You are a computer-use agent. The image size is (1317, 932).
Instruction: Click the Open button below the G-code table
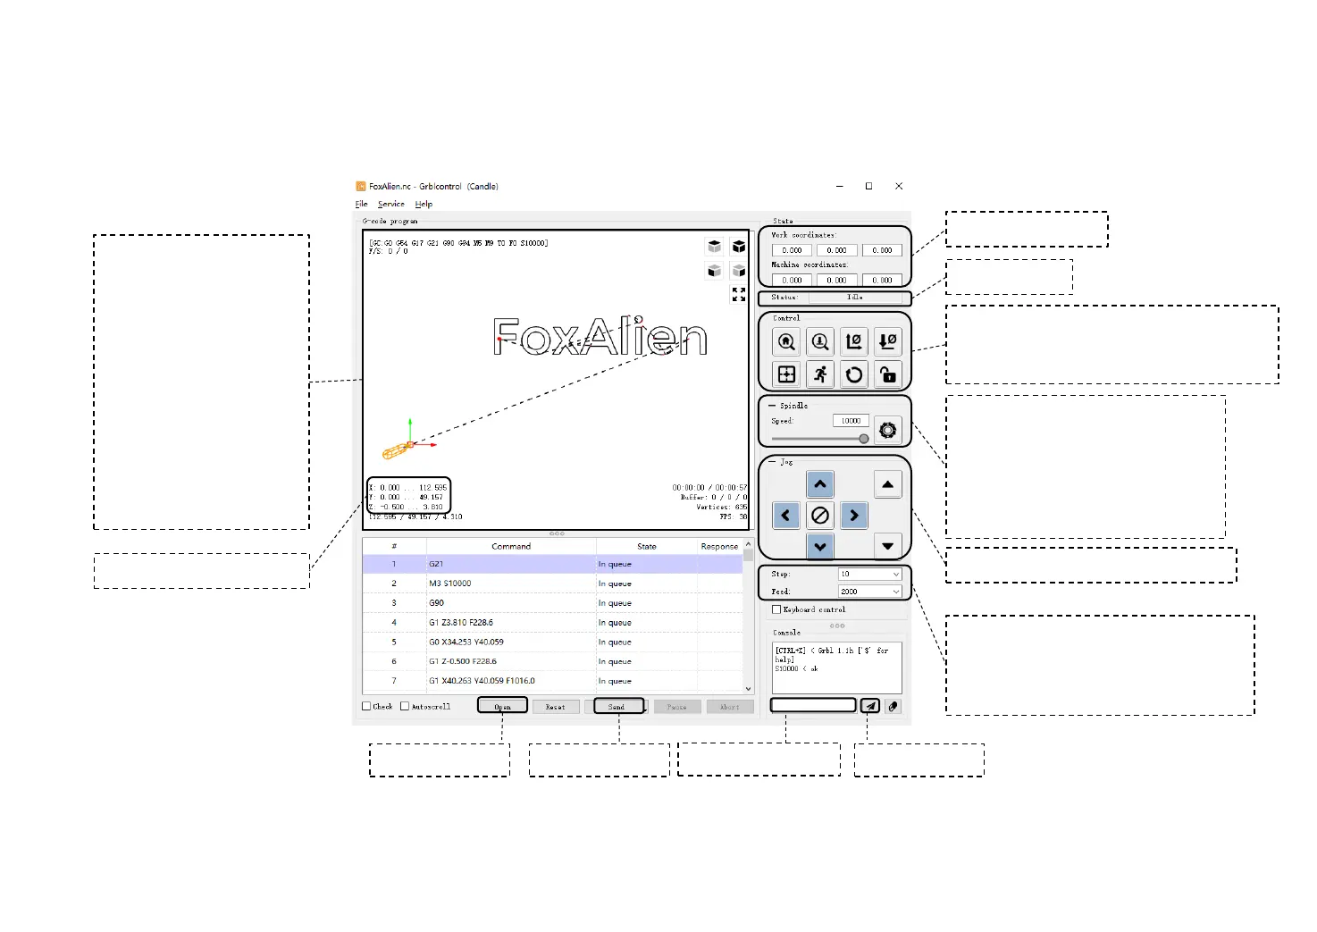pyautogui.click(x=502, y=706)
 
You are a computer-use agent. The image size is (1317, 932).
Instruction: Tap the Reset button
pyautogui.click(x=555, y=706)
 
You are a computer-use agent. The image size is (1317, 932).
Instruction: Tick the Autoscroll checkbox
pyautogui.click(x=405, y=706)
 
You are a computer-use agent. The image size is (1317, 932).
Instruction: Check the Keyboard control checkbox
pyautogui.click(x=776, y=609)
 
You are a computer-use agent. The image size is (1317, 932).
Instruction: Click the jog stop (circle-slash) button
pyautogui.click(x=820, y=516)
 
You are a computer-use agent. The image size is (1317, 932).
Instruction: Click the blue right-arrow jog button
pyautogui.click(x=854, y=516)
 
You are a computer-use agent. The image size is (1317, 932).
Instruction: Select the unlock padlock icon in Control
pyautogui.click(x=887, y=374)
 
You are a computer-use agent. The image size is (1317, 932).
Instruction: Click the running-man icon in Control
pyautogui.click(x=820, y=374)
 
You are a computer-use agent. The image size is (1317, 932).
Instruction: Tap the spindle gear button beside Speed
pyautogui.click(x=887, y=430)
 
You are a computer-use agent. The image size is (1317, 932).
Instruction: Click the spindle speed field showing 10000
pyautogui.click(x=850, y=421)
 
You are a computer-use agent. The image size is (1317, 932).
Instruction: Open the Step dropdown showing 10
pyautogui.click(x=869, y=574)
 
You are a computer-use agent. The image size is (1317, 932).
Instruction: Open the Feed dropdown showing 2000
pyautogui.click(x=869, y=592)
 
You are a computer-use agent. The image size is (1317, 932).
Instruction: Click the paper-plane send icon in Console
pyautogui.click(x=870, y=706)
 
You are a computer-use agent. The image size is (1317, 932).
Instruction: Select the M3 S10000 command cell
pyautogui.click(x=510, y=584)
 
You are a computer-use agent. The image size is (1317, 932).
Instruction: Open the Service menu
pyautogui.click(x=390, y=205)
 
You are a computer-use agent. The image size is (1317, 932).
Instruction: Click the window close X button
pyautogui.click(x=899, y=186)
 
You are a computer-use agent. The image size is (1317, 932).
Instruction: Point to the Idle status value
pyautogui.click(x=855, y=298)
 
